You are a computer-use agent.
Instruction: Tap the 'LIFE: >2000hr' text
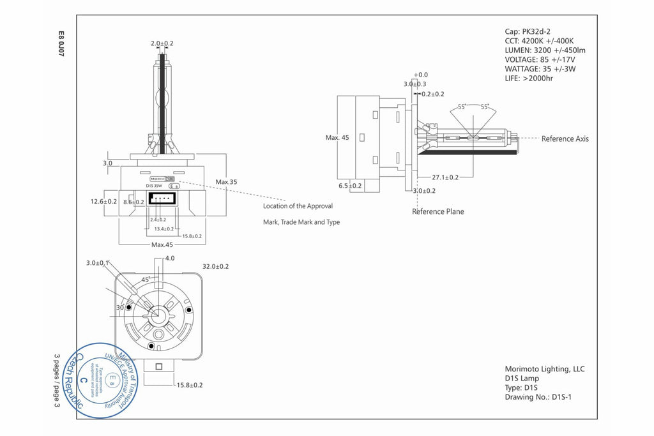click(x=529, y=79)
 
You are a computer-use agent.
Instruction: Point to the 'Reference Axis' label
click(x=565, y=139)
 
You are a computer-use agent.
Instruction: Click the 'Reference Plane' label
click(x=438, y=211)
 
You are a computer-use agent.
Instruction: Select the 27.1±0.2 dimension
click(x=445, y=177)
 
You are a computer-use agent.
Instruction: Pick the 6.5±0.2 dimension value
click(x=350, y=186)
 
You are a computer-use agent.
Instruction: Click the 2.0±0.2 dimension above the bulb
click(x=162, y=43)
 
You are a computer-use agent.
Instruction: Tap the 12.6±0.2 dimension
click(x=103, y=201)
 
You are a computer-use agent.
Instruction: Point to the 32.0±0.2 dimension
click(x=215, y=266)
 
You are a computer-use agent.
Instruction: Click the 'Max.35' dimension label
click(x=226, y=182)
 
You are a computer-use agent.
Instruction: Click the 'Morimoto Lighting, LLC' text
click(x=545, y=369)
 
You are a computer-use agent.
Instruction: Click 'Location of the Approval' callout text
click(x=298, y=206)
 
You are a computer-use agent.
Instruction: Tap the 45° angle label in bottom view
click(x=144, y=280)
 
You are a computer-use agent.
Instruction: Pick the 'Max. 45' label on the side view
click(x=337, y=137)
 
